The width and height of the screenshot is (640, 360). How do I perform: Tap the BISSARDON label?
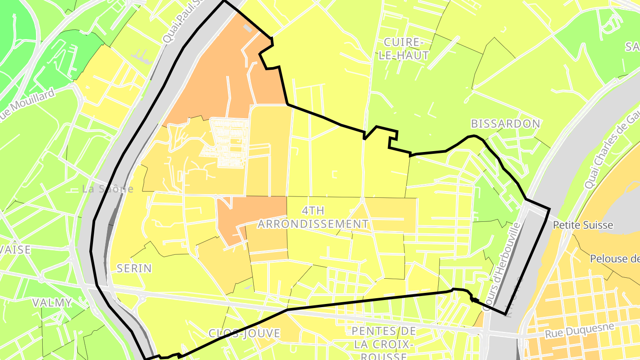point(506,124)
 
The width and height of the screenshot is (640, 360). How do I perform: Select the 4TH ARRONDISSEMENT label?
point(313,217)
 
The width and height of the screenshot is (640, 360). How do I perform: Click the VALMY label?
point(52,303)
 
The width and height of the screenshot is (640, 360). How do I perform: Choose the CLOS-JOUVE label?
point(245,333)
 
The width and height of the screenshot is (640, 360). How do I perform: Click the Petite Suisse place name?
point(583,225)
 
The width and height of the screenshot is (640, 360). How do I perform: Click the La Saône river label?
point(108,189)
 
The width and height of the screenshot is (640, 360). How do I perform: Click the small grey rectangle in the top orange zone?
point(248,28)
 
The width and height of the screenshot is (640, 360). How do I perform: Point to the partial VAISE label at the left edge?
point(15,250)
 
